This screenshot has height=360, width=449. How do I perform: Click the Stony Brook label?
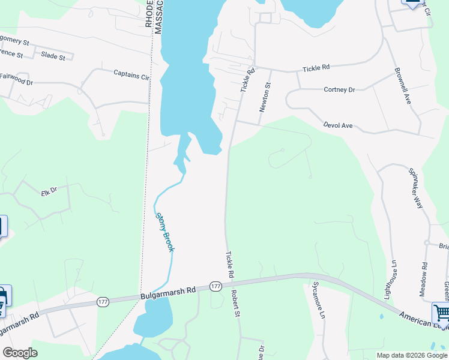164,232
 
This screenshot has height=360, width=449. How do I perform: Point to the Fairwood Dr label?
16,79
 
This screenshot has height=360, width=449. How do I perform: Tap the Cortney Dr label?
339,90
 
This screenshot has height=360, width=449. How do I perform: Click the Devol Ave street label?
337,126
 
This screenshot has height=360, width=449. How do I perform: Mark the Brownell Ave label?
402,86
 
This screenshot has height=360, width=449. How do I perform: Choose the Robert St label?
235,304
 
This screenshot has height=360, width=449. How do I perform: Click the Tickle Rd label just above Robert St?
229,265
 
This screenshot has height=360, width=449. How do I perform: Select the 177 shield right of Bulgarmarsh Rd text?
215,286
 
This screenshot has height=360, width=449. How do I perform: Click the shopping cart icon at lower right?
441,313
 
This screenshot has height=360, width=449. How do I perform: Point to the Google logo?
20,353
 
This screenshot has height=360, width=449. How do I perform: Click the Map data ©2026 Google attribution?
412,355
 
